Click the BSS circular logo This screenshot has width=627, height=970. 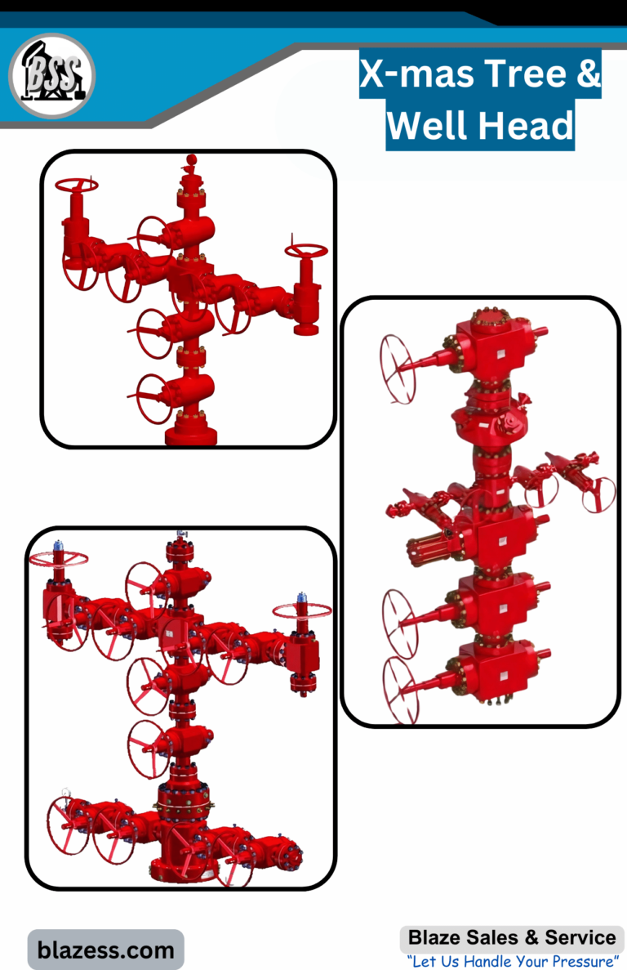52,75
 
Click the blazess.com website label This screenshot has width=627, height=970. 105,950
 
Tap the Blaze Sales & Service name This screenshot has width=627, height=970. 512,937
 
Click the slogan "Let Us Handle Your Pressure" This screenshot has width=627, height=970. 513,961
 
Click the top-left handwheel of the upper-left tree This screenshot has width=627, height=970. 77,185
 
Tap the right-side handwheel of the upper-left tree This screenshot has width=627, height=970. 306,251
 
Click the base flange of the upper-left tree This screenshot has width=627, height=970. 191,435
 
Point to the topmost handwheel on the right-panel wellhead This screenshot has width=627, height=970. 397,369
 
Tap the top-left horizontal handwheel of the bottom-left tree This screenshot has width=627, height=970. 59,559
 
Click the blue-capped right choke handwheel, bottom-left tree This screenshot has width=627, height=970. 302,610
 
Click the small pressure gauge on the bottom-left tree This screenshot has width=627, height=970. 66,792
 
